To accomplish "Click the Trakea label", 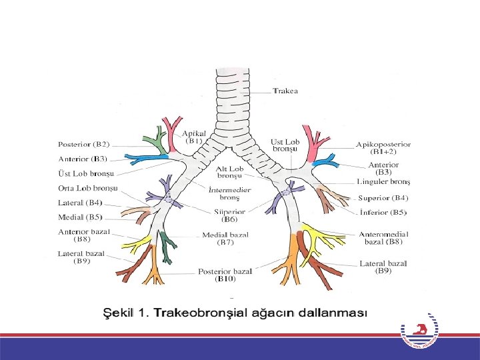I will [x=286, y=91].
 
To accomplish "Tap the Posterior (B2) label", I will [x=84, y=144].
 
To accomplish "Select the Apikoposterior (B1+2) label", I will [x=383, y=148].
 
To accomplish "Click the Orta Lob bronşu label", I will [x=87, y=188].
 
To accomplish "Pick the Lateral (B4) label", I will [x=80, y=203].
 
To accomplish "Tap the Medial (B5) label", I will [x=80, y=217].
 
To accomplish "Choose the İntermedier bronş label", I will [x=230, y=193].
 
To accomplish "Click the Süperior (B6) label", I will [x=230, y=215].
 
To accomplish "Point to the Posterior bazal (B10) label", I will [x=225, y=275].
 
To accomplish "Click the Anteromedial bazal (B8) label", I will [x=383, y=238].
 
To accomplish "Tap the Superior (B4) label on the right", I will [x=383, y=198].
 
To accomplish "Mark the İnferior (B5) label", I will [x=383, y=212].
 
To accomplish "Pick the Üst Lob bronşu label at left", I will [x=86, y=173].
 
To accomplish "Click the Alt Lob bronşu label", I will [x=230, y=173].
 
